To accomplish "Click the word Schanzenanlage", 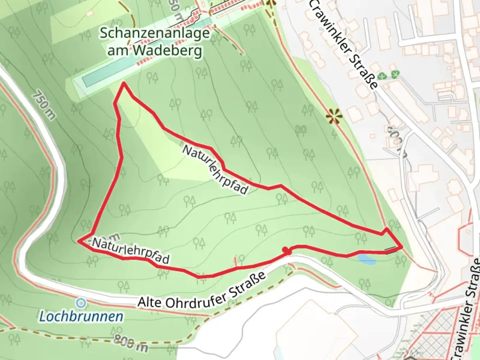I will (x=155, y=33).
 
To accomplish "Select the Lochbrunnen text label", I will (x=81, y=316).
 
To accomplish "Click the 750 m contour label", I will (x=44, y=105).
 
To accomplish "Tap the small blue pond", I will (x=367, y=259).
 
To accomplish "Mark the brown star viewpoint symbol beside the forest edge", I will (x=334, y=117).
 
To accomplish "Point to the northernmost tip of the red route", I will (x=124, y=83).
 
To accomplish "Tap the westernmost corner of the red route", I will (x=79, y=240).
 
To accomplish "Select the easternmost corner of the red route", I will (x=402, y=246).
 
